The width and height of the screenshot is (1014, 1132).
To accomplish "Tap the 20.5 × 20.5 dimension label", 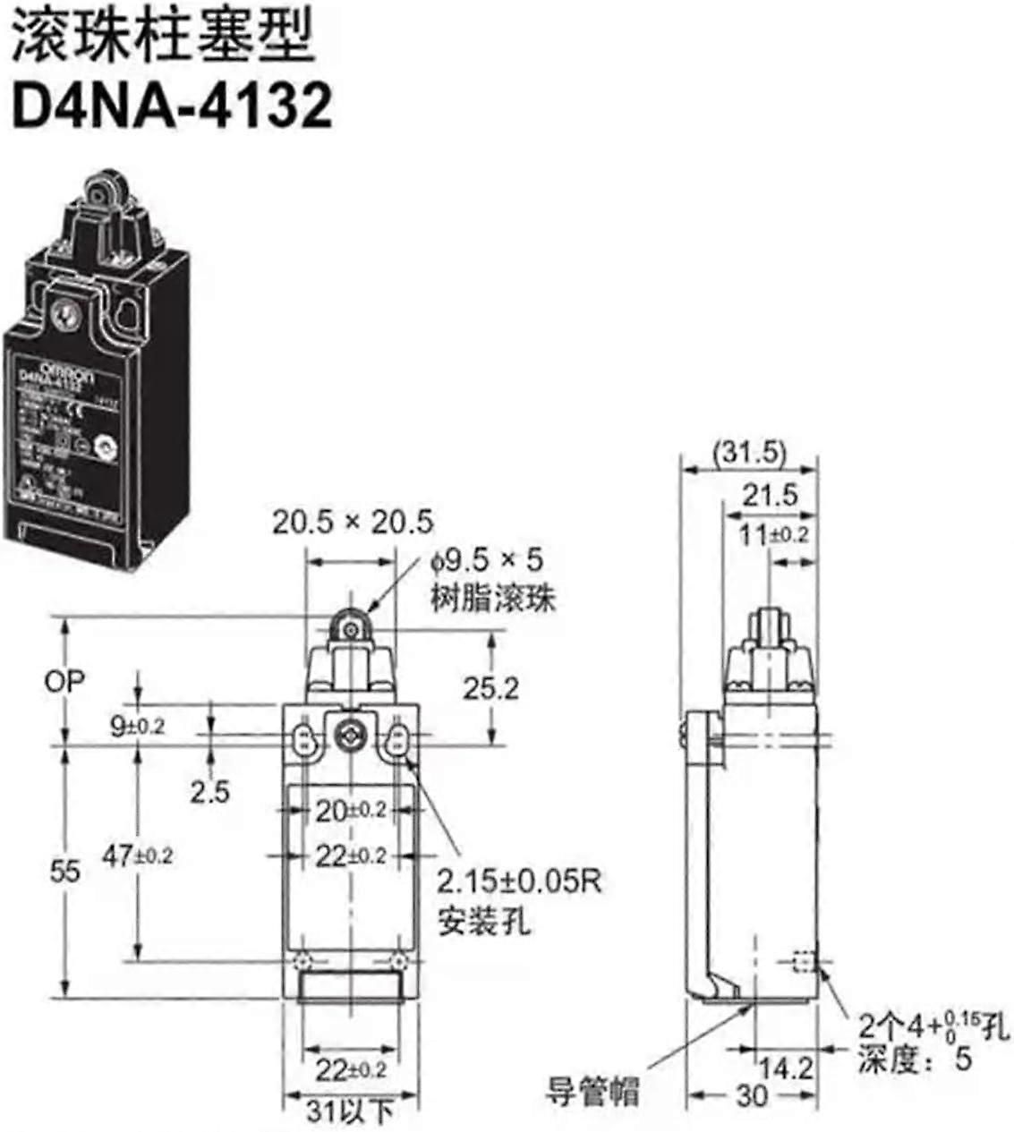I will (353, 522).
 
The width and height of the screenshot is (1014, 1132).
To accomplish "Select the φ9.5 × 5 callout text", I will (487, 562).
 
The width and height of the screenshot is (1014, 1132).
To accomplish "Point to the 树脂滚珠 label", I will (492, 598).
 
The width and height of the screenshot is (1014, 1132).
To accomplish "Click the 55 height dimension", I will (64, 871).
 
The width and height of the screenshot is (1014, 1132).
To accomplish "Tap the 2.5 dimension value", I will (209, 791).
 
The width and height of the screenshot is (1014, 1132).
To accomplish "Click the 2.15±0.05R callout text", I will (519, 882).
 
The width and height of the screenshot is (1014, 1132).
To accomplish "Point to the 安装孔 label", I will (483, 921).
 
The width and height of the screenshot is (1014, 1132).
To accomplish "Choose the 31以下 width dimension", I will (350, 1112).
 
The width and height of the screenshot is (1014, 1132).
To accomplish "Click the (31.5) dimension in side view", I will (749, 454).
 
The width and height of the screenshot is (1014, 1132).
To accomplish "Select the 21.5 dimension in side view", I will (769, 495).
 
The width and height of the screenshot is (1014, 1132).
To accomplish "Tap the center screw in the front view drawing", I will (346, 736).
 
